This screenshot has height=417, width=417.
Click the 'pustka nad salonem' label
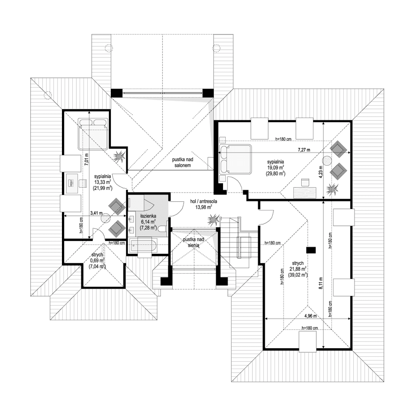(184, 163)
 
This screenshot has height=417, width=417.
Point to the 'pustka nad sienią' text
(194, 242)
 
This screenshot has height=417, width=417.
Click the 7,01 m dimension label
(87, 157)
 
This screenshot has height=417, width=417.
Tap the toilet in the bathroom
(161, 229)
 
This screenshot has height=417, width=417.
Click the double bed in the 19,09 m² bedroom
(236, 159)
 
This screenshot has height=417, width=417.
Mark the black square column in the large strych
(310, 249)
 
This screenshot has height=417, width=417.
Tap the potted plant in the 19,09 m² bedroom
(333, 189)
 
